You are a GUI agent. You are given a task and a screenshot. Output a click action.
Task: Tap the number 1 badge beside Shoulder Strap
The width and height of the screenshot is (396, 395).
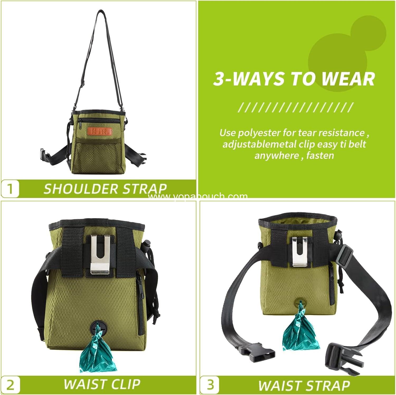(x=10, y=189)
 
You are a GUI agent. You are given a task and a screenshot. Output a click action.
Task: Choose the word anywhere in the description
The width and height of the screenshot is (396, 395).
(x=276, y=155)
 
